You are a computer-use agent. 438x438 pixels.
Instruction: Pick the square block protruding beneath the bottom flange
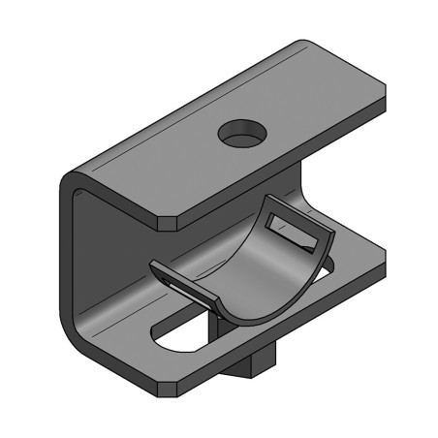(x=250, y=364)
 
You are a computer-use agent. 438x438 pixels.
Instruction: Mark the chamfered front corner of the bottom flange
(x=167, y=391)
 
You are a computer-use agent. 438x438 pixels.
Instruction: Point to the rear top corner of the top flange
(x=302, y=43)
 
